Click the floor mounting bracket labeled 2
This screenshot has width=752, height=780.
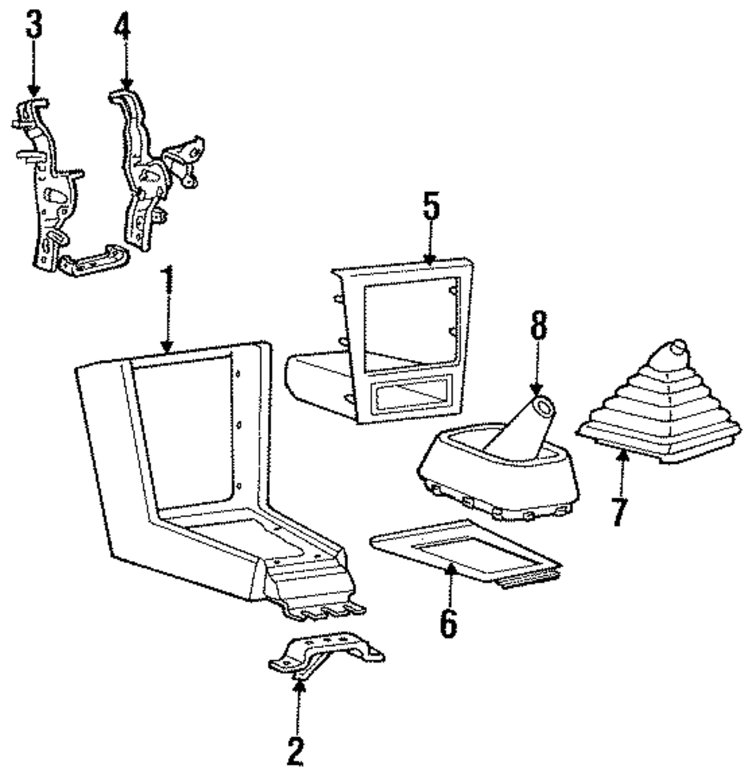tap(326, 656)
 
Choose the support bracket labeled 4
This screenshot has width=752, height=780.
tap(154, 169)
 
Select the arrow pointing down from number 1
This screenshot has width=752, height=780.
tap(168, 326)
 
